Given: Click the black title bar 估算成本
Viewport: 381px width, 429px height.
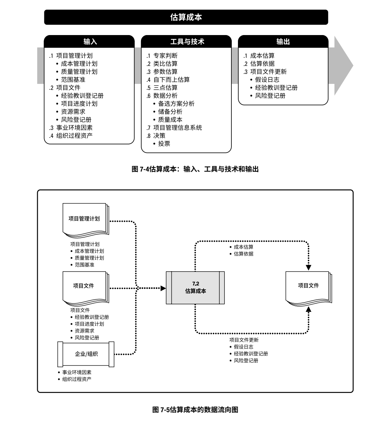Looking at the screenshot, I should [x=186, y=17].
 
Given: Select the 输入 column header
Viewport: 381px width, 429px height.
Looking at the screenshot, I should [x=90, y=42].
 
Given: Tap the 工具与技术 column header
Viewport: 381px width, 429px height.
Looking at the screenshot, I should [x=187, y=42].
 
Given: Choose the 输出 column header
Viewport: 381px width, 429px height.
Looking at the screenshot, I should [x=283, y=42].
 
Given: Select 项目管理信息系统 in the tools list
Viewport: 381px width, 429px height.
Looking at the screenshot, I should [x=177, y=128].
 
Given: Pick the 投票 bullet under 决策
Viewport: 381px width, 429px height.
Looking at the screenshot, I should [x=164, y=144].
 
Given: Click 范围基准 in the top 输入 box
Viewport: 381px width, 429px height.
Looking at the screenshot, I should [x=73, y=80].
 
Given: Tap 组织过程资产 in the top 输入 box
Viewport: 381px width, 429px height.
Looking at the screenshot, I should [x=74, y=135].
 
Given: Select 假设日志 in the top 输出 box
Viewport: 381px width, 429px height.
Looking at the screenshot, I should [x=267, y=80].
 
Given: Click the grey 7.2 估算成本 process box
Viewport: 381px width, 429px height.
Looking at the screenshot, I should [x=195, y=287].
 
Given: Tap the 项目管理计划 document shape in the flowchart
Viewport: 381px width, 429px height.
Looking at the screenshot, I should [x=85, y=219].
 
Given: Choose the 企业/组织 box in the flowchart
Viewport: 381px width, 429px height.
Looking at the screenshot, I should [x=86, y=354].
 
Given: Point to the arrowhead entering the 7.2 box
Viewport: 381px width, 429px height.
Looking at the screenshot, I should [x=163, y=288].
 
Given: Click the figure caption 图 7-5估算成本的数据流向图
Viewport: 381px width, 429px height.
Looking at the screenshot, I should [x=195, y=410].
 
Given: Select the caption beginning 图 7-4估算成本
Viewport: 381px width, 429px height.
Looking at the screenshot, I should [x=195, y=169].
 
